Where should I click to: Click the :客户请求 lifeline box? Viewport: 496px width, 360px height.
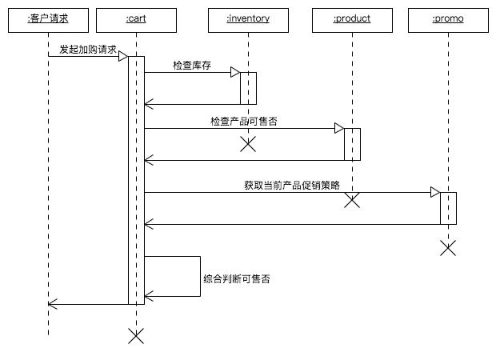(48, 19)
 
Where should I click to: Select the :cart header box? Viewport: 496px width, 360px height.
(136, 19)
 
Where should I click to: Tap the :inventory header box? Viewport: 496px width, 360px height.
(248, 19)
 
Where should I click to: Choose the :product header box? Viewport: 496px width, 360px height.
(352, 19)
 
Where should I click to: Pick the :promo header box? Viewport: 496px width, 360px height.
(448, 19)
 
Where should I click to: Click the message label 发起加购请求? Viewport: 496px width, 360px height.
(84, 49)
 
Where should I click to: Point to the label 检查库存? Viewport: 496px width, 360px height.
(192, 65)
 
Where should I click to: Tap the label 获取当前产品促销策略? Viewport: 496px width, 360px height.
(292, 185)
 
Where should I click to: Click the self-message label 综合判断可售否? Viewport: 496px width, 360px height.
(237, 280)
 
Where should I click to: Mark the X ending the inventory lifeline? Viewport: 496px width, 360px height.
(248, 144)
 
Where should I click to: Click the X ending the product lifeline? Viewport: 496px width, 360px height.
(352, 200)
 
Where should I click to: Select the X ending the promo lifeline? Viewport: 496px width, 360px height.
(448, 248)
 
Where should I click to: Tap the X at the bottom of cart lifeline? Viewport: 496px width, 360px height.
(136, 336)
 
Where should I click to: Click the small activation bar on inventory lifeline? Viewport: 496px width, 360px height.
(248, 88)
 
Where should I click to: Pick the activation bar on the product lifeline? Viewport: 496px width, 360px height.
(352, 144)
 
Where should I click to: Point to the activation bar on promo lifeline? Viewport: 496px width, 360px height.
(448, 208)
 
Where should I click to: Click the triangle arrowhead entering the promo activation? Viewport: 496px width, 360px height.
(435, 192)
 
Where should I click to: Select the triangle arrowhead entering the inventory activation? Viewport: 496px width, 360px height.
(235, 72)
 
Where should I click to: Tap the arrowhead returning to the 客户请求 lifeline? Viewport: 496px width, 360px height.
(51, 304)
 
